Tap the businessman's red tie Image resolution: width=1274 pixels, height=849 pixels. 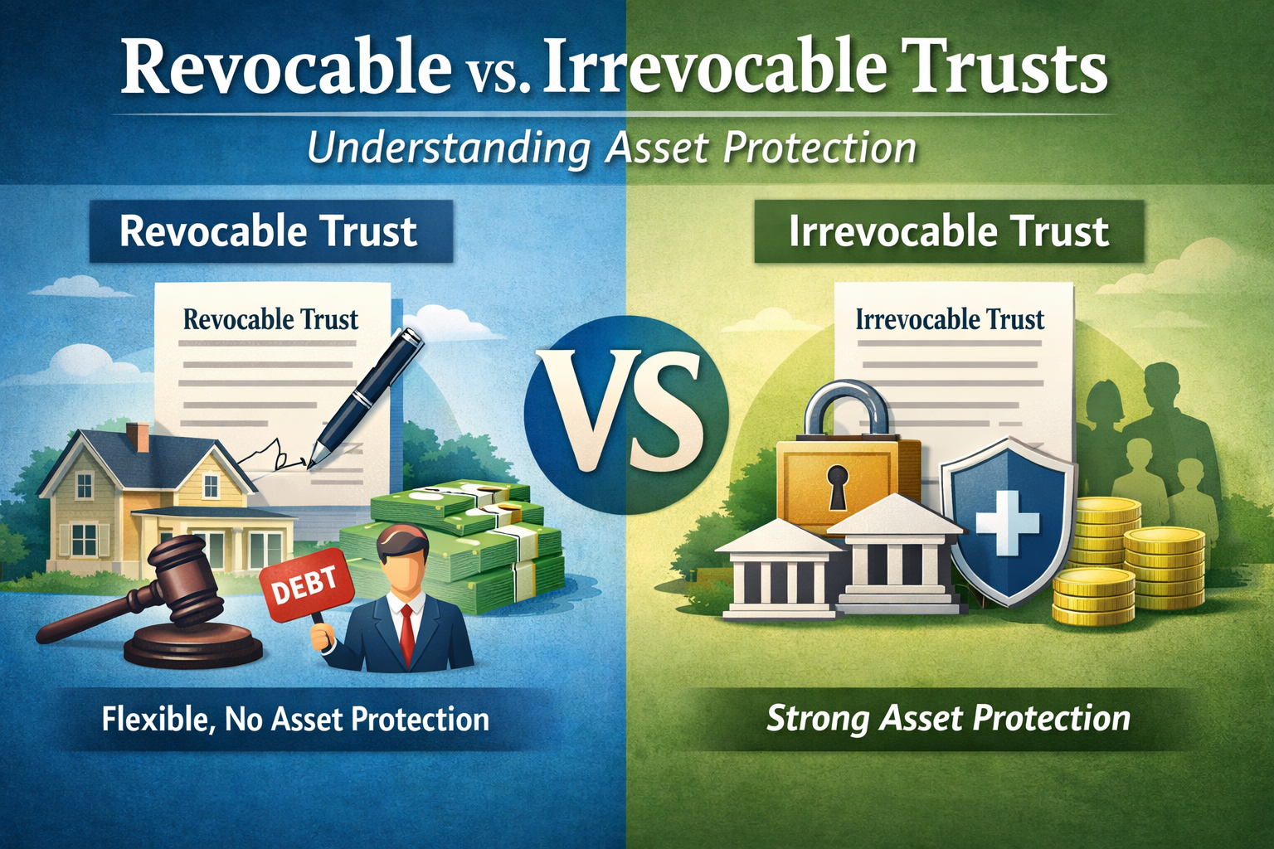click(406, 635)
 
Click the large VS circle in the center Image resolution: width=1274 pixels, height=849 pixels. click(625, 415)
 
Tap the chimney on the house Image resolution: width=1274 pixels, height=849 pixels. click(138, 437)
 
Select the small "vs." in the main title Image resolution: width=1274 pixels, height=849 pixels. click(494, 75)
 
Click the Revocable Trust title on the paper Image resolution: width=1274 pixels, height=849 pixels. click(270, 319)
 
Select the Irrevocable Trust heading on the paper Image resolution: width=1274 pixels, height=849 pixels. click(950, 319)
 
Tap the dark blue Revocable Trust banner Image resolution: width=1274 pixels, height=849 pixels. click(270, 231)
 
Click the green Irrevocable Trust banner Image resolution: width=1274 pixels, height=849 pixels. click(949, 231)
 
